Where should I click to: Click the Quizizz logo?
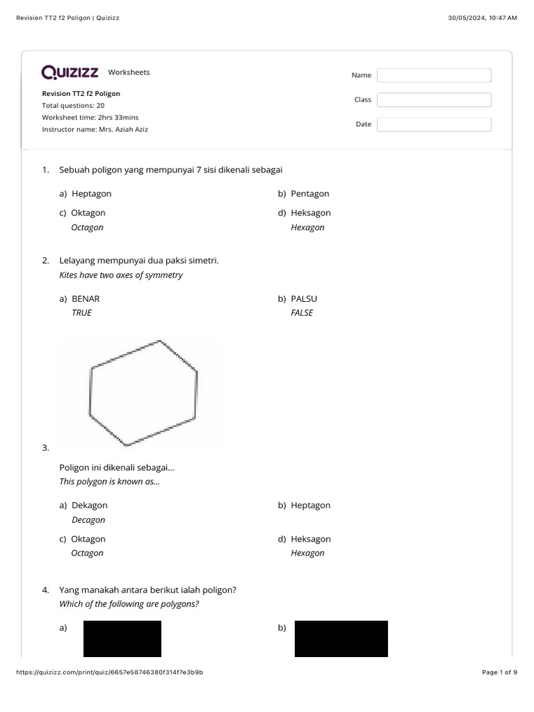(70, 72)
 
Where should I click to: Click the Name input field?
(434, 75)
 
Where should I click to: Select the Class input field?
(434, 100)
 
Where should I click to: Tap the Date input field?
(434, 124)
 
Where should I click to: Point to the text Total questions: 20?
(73, 106)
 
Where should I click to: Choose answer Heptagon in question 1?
(91, 193)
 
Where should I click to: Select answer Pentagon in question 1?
(310, 193)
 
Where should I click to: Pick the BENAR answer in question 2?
(86, 298)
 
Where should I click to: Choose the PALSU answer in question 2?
(304, 298)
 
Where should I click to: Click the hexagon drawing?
(143, 393)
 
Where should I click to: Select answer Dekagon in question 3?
(89, 505)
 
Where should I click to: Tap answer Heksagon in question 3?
(311, 539)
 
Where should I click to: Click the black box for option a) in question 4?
(122, 639)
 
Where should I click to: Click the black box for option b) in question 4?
(341, 639)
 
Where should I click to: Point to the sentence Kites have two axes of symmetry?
(122, 275)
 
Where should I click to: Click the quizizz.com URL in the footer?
(108, 672)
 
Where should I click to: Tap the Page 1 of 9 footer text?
(499, 672)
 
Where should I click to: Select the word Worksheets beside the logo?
(129, 72)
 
